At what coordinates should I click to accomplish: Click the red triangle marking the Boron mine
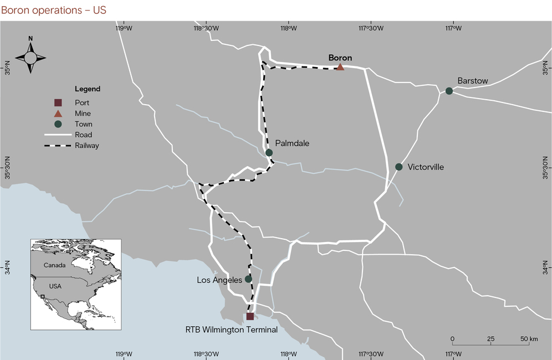[x=340, y=67]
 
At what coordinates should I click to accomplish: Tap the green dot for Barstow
[x=449, y=91]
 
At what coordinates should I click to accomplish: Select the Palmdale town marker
[x=269, y=152]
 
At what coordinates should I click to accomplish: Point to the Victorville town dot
[x=398, y=167]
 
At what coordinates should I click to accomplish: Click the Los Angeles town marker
[x=248, y=279]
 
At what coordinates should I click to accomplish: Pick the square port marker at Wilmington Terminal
[x=250, y=316]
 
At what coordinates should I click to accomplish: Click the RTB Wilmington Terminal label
[x=231, y=330]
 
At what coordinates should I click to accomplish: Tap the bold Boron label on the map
[x=340, y=58]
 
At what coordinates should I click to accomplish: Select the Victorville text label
[x=426, y=167]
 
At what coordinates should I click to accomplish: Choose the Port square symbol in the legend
[x=58, y=102]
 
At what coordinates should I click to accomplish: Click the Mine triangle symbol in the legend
[x=58, y=113]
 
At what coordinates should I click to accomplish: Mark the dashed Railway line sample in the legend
[x=58, y=146]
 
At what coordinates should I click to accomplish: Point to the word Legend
[x=88, y=89]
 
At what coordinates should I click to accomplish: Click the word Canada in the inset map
[x=55, y=265]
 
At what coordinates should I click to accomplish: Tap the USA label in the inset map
[x=55, y=286]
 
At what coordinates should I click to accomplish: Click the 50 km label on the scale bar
[x=530, y=338]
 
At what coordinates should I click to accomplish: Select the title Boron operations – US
[x=54, y=10]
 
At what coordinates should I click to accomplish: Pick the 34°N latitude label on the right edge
[x=546, y=269]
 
